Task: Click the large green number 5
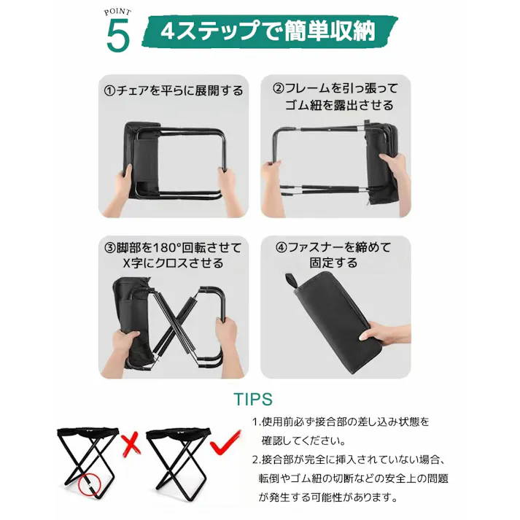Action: click(118, 36)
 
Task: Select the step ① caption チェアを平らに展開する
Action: click(173, 91)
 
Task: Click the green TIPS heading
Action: click(253, 400)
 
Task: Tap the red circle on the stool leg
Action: click(91, 482)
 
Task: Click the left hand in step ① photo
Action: click(123, 182)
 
